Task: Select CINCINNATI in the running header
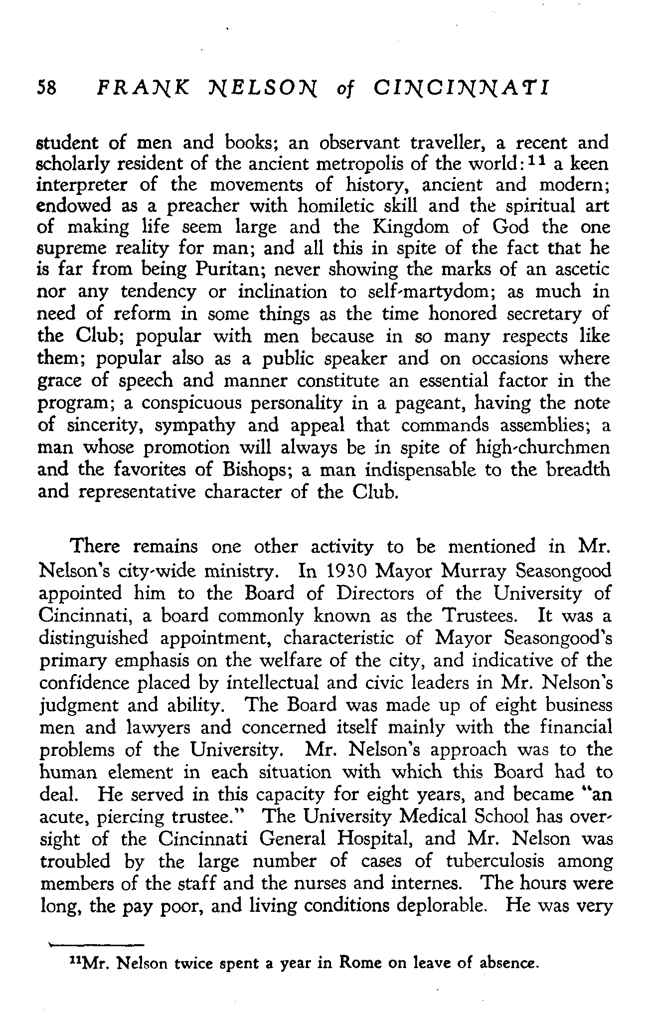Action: point(461,87)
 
